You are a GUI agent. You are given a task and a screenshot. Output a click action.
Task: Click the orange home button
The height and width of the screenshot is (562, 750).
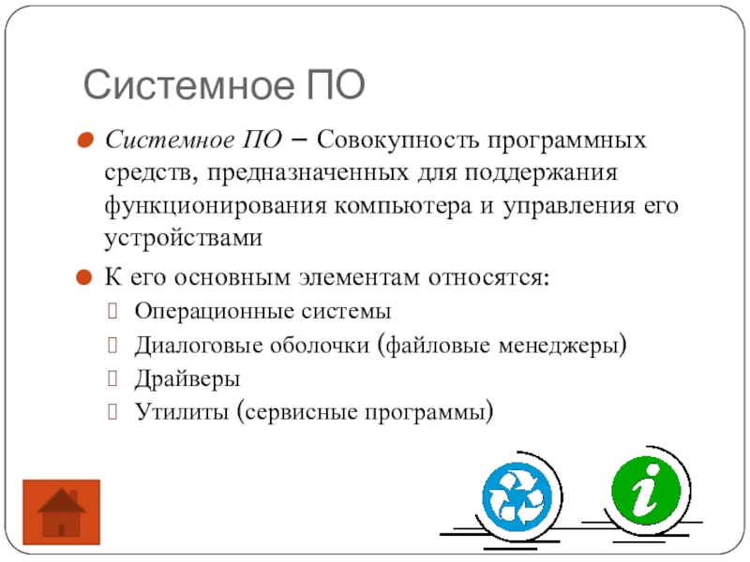click(x=61, y=511)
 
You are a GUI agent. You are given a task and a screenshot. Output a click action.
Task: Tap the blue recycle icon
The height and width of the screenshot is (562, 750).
click(x=517, y=497)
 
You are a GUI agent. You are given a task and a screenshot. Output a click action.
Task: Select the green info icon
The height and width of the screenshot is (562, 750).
click(x=646, y=491)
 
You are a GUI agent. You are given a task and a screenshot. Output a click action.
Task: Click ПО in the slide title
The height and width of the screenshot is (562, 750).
click(x=336, y=84)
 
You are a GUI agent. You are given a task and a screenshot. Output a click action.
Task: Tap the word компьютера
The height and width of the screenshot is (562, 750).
click(x=403, y=207)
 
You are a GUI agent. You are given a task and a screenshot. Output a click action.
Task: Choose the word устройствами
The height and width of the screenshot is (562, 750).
click(x=184, y=238)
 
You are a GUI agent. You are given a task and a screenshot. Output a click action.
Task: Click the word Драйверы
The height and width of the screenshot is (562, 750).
click(x=187, y=379)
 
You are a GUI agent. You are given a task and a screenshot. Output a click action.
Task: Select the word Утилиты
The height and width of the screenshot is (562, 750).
click(x=182, y=411)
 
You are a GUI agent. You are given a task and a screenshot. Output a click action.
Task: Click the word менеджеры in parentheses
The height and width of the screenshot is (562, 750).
click(x=558, y=345)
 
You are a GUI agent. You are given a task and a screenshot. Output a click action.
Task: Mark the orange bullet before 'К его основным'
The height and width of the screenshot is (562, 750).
click(x=83, y=277)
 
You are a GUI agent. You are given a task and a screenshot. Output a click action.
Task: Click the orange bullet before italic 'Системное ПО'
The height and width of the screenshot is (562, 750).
click(x=85, y=140)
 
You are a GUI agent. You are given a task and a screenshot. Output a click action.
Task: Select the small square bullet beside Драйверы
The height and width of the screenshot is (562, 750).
click(x=112, y=378)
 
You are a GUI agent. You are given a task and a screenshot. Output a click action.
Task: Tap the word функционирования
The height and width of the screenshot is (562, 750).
click(x=215, y=206)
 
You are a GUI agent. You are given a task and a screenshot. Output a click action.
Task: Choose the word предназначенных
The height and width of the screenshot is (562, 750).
click(x=308, y=173)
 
